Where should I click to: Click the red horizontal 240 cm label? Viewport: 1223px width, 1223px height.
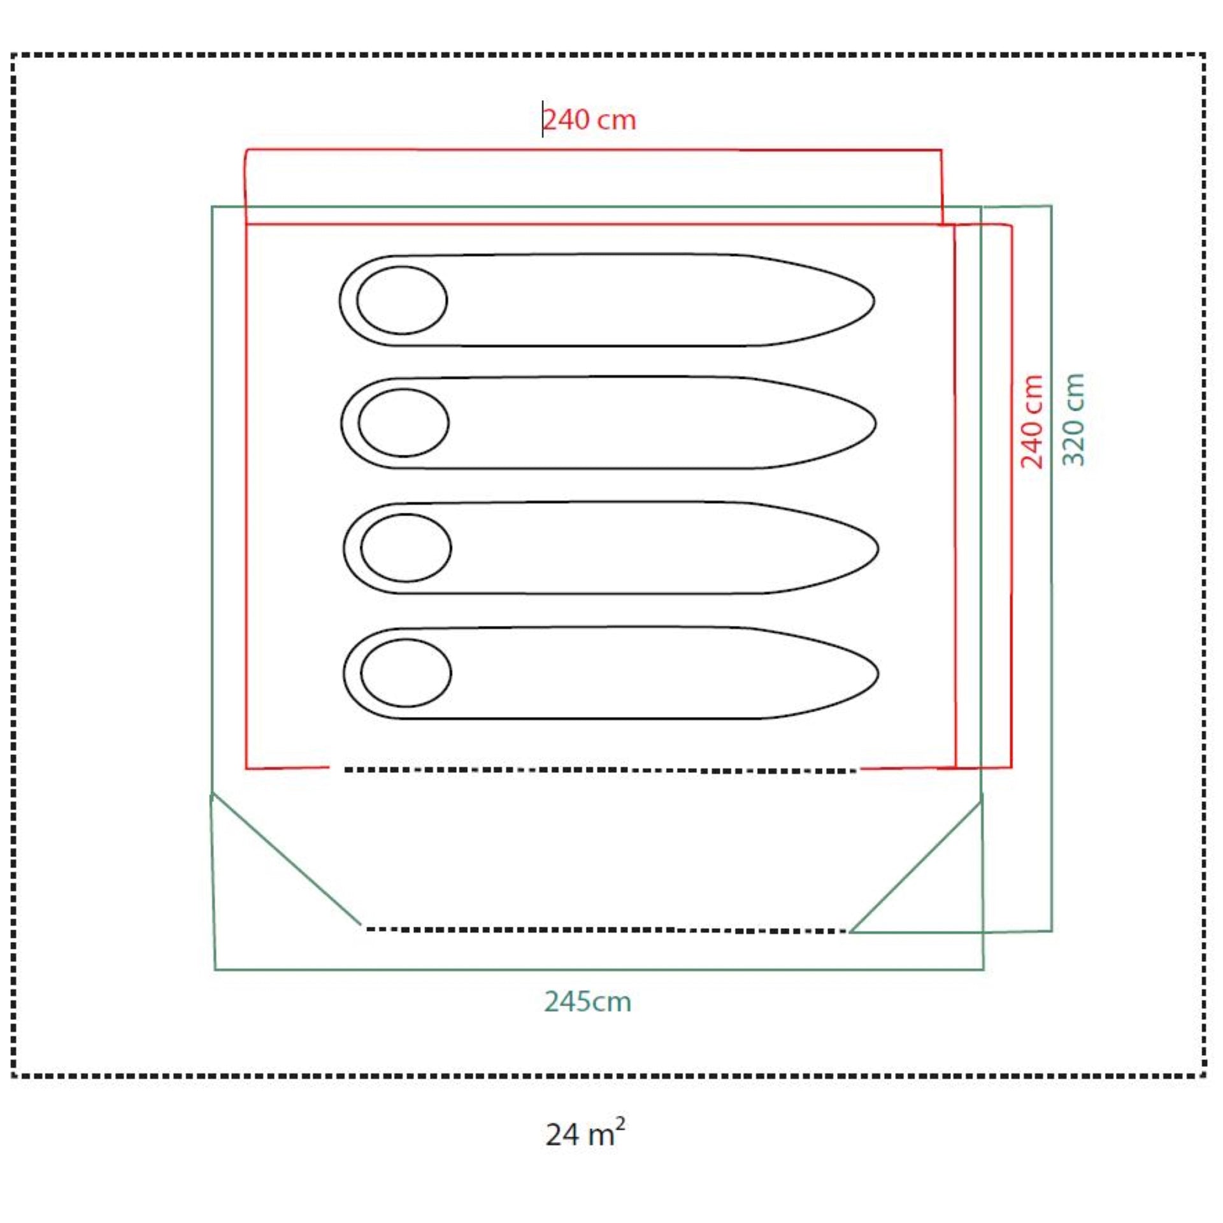click(590, 120)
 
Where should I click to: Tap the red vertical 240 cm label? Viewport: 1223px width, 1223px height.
click(1032, 422)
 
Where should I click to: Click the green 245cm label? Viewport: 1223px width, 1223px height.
click(587, 1002)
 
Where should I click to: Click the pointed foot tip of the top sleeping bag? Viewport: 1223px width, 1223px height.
click(874, 301)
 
